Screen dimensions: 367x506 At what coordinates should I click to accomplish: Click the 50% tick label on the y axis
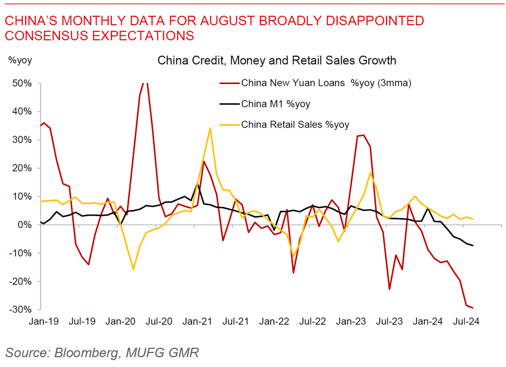coord(21,83)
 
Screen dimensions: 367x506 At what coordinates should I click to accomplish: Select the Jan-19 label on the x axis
coord(44,321)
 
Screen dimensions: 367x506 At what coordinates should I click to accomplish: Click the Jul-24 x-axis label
coord(466,321)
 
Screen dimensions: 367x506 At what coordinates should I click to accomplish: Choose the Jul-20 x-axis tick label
coord(159,321)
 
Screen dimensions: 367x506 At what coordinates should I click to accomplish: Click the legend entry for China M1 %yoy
coord(276,104)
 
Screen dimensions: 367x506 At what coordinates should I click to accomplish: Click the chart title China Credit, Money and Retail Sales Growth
coord(277,61)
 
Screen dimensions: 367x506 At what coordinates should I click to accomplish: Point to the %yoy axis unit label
coord(19,60)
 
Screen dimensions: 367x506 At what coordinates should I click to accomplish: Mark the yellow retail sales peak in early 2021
coord(210,128)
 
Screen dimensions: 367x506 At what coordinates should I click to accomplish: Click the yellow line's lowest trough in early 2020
coord(133,270)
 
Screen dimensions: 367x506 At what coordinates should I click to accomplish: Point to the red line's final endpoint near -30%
coord(473,308)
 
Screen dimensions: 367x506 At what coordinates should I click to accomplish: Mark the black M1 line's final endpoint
coord(473,246)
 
